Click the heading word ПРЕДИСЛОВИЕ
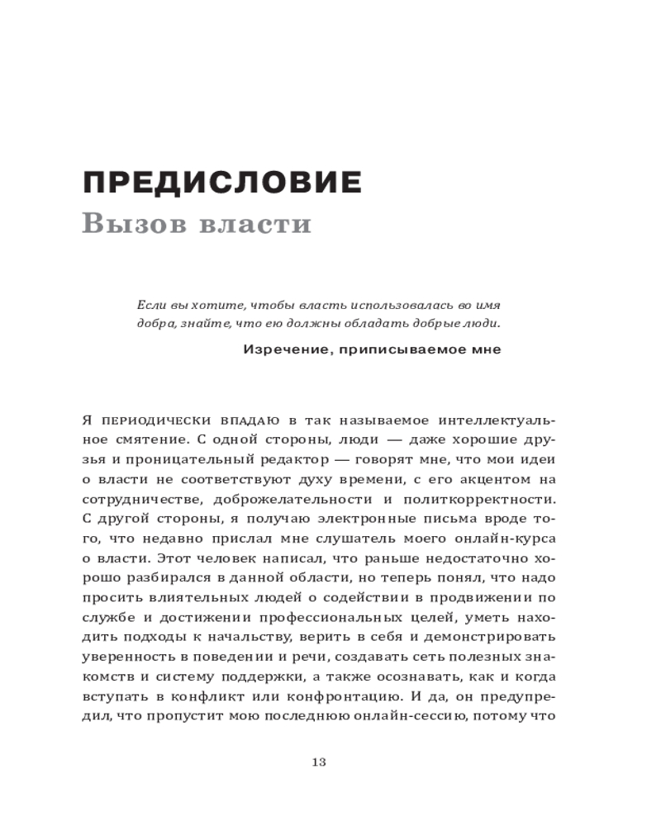(222, 182)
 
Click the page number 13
(319, 762)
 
